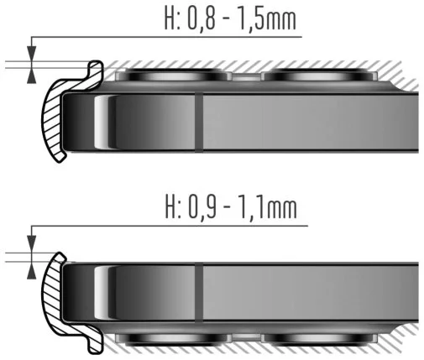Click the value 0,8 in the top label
point(202,19)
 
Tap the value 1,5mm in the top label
point(267,19)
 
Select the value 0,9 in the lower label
point(202,207)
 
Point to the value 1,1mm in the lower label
point(268,207)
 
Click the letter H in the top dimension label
point(170,19)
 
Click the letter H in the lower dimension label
point(170,207)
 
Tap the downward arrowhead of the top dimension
point(32,54)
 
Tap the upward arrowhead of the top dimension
point(32,76)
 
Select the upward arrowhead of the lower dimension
point(32,271)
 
